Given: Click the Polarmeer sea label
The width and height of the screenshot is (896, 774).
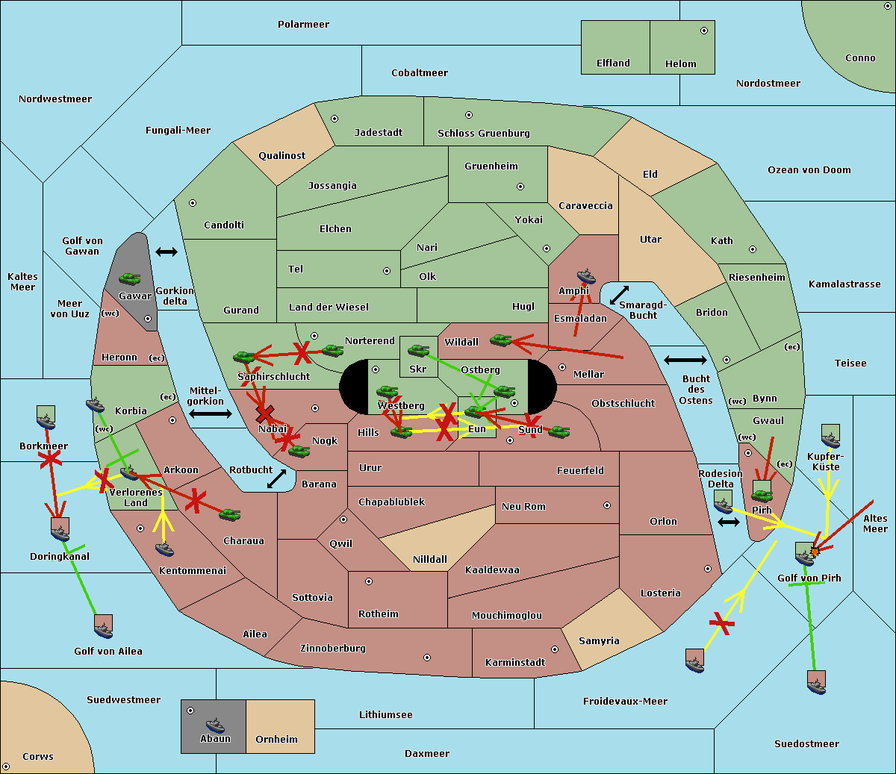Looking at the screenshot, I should [303, 25].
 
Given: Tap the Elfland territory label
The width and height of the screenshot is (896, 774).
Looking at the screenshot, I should [613, 63].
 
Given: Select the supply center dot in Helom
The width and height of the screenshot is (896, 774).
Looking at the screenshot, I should [703, 31].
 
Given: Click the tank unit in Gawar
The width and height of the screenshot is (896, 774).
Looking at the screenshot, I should [129, 279].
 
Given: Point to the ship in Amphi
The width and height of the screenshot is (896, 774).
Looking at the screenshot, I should [586, 276].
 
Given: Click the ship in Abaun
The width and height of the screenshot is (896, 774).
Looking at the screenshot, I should [215, 725].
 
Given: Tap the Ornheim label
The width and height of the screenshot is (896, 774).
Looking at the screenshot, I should [276, 740].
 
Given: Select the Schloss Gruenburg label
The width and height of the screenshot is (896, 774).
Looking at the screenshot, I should [483, 134].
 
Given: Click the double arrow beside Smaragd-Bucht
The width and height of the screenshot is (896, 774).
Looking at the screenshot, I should [619, 295].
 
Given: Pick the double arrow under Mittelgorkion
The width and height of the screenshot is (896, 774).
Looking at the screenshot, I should [210, 413].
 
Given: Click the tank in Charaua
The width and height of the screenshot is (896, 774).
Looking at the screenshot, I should [229, 514].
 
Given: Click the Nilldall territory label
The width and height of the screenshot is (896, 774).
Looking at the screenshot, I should [430, 559].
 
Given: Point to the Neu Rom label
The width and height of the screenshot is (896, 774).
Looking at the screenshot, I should [523, 507].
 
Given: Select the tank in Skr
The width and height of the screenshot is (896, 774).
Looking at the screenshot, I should [418, 349].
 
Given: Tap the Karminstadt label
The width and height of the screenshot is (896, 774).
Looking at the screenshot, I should [515, 663].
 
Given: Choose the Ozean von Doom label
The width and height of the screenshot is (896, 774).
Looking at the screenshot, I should [809, 170].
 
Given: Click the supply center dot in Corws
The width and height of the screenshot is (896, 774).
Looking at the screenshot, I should [7, 767].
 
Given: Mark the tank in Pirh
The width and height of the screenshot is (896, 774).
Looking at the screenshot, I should [762, 495].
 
